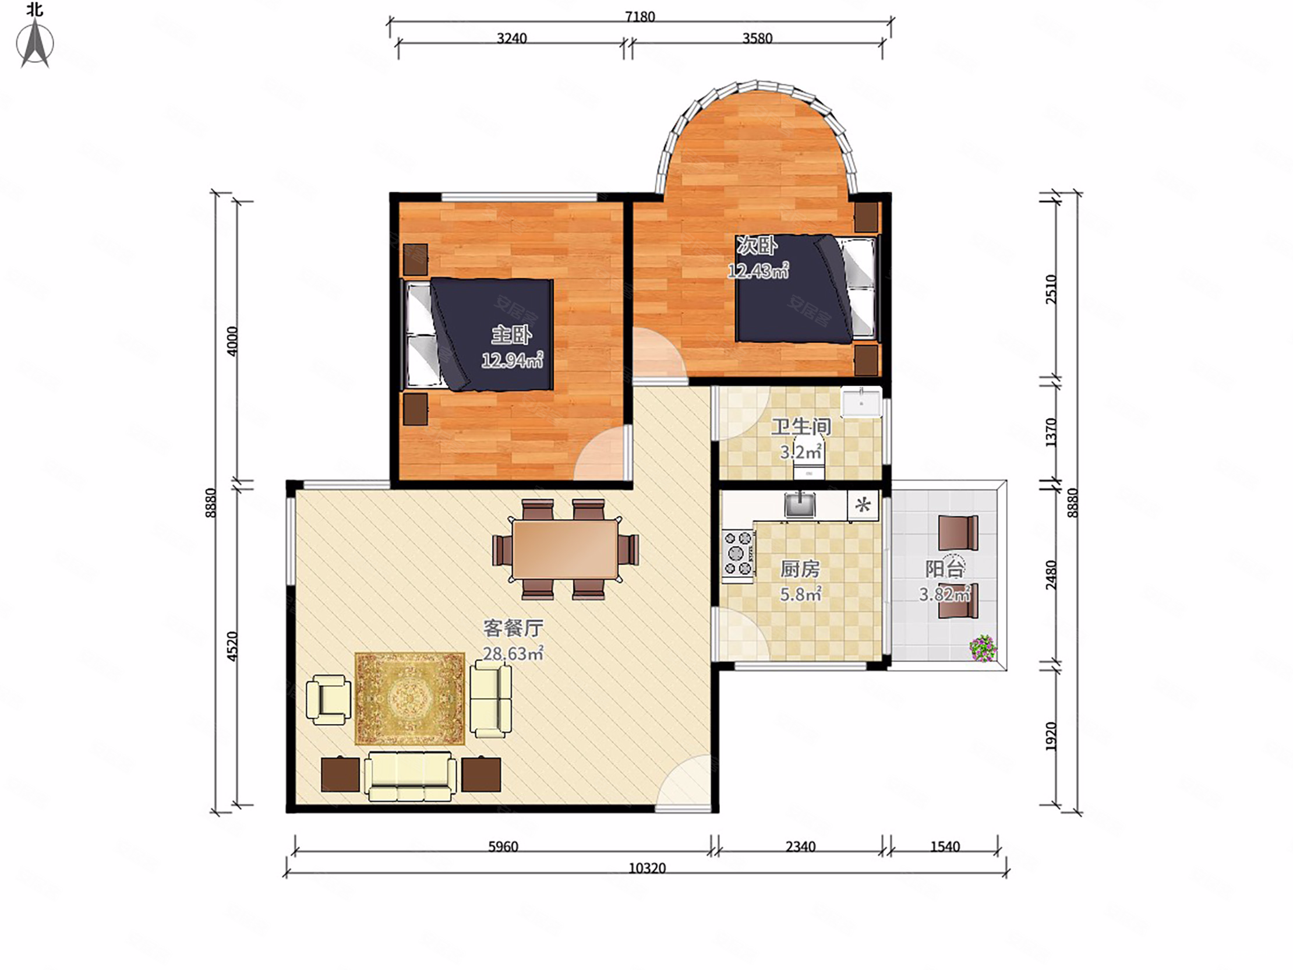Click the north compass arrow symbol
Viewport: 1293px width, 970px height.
pyautogui.click(x=35, y=43)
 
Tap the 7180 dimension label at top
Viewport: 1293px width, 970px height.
pyautogui.click(x=640, y=17)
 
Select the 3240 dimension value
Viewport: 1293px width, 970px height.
pyautogui.click(x=511, y=38)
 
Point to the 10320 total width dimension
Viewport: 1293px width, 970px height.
pyautogui.click(x=647, y=868)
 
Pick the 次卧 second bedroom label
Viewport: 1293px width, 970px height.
pyautogui.click(x=757, y=246)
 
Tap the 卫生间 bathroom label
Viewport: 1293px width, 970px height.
pyautogui.click(x=801, y=426)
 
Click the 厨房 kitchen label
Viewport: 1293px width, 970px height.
pyautogui.click(x=800, y=569)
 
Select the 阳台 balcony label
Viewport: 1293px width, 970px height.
pyautogui.click(x=945, y=569)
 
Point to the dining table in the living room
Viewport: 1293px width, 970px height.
pyautogui.click(x=565, y=549)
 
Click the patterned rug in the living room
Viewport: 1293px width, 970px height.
pyautogui.click(x=410, y=699)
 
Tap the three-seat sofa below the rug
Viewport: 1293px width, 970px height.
pyautogui.click(x=411, y=776)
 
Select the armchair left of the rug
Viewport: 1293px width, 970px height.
pyautogui.click(x=328, y=699)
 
